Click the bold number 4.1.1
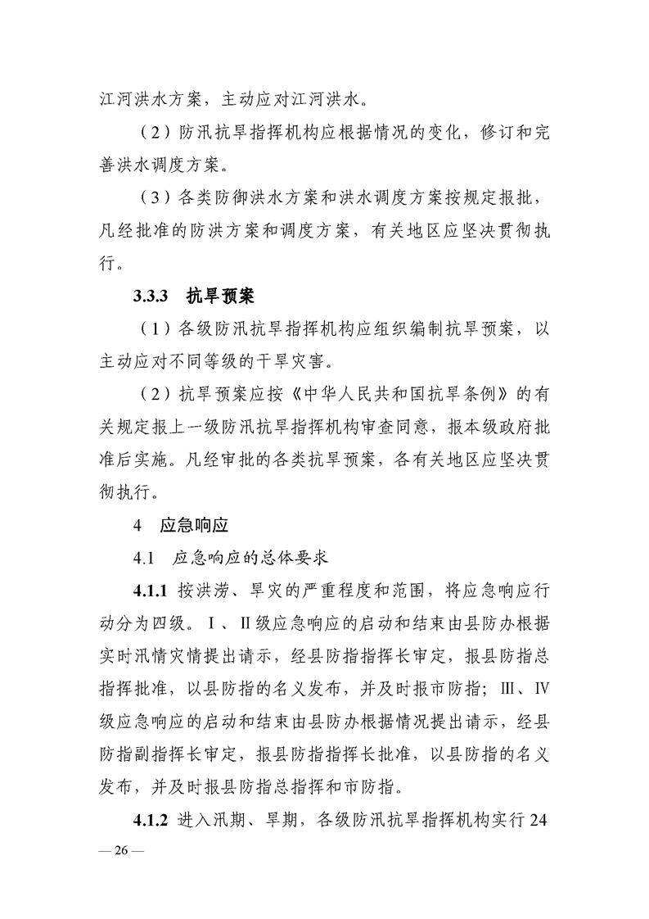coord(151,591)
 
